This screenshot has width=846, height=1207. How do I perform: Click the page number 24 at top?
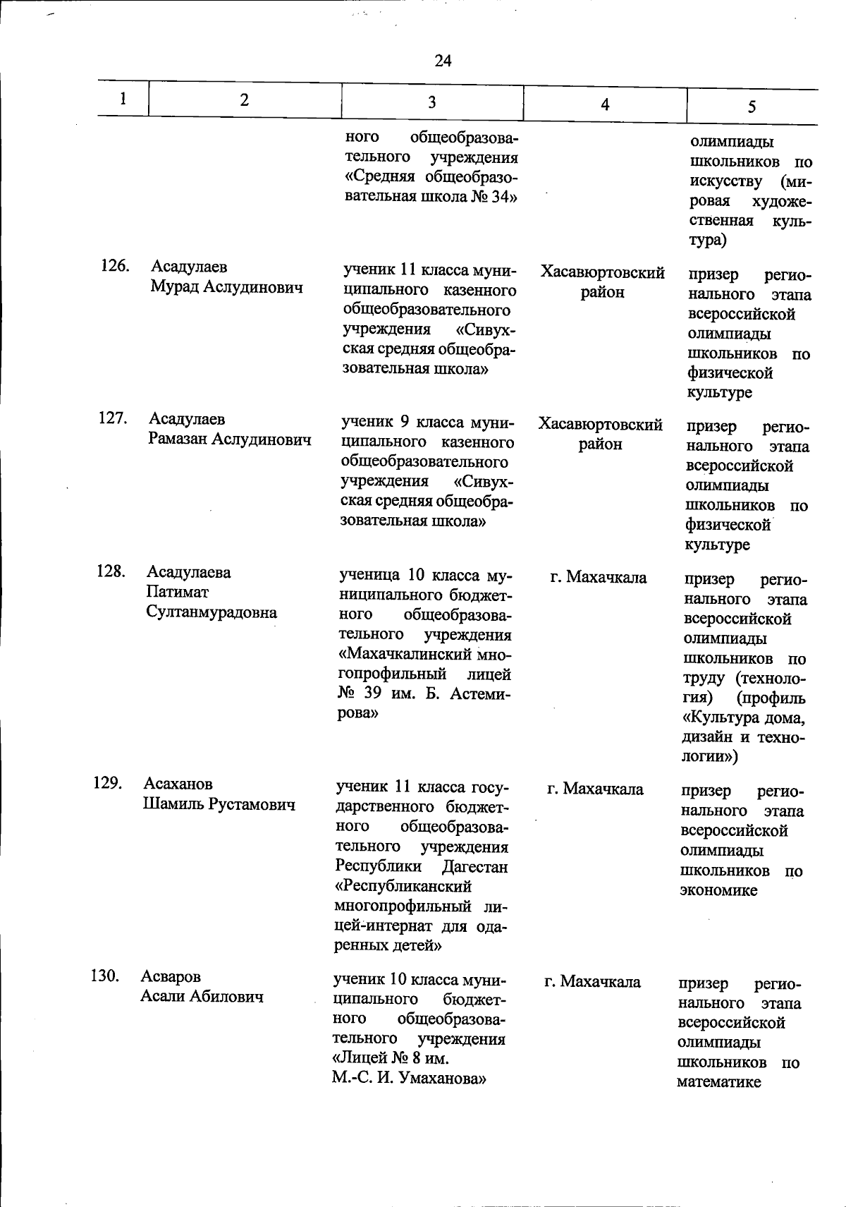click(443, 61)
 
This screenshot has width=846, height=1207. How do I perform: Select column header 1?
click(123, 99)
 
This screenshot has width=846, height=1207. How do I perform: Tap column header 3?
click(431, 102)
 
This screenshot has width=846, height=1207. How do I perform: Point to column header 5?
click(752, 107)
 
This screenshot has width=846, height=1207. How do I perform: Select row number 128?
click(111, 571)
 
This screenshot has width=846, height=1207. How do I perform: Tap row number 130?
click(105, 976)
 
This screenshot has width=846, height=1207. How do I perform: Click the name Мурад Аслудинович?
click(226, 287)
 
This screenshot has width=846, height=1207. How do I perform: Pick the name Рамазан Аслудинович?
click(230, 439)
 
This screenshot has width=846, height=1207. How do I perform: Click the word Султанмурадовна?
click(211, 612)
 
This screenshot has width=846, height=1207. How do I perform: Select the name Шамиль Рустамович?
click(219, 804)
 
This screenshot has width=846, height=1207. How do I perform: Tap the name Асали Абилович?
click(202, 997)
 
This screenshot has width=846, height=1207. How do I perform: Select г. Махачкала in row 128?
click(598, 578)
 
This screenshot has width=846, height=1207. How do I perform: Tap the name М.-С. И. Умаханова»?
click(410, 1079)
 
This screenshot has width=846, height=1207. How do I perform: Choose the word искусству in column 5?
click(725, 181)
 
